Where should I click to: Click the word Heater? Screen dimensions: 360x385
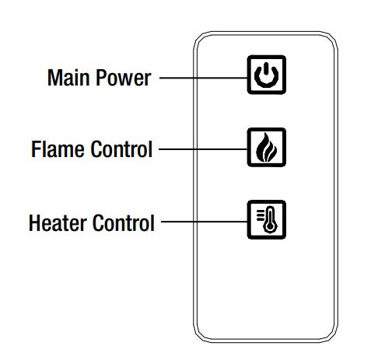click(x=58, y=223)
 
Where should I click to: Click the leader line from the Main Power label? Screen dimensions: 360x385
click(x=201, y=78)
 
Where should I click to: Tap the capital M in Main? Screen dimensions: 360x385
click(x=54, y=78)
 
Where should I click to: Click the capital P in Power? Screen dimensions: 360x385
click(x=101, y=78)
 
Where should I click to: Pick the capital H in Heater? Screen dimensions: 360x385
click(x=36, y=223)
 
